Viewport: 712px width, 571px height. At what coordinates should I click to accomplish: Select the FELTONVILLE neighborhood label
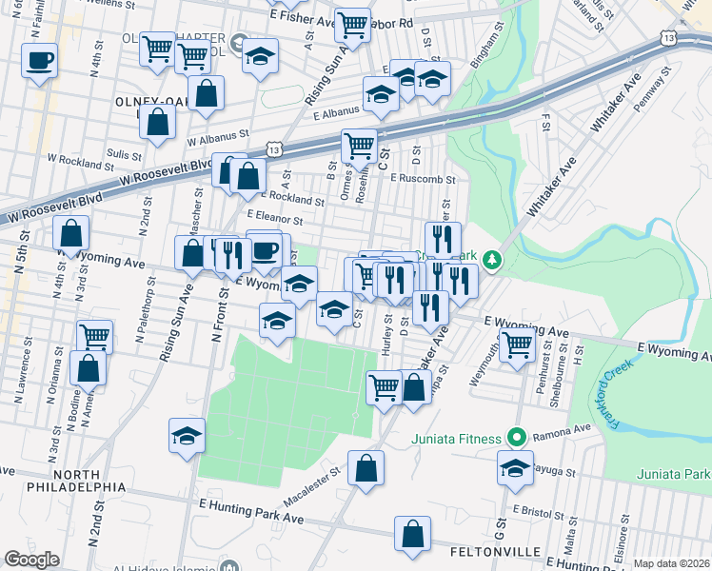(494, 552)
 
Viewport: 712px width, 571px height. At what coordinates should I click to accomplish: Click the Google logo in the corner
(31, 560)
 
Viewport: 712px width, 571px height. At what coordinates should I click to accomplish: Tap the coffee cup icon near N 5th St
(40, 61)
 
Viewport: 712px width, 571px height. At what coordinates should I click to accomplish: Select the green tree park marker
(491, 259)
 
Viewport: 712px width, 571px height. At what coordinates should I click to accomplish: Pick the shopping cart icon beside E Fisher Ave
(352, 25)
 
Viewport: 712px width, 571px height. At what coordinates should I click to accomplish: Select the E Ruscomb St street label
(425, 178)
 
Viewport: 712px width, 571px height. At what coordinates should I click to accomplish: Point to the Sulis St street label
(124, 153)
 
